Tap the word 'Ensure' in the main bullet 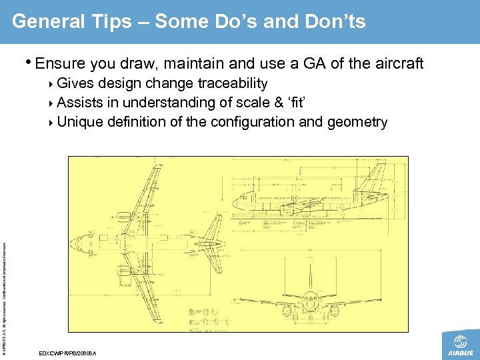click(x=60, y=64)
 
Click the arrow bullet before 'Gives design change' click(x=53, y=84)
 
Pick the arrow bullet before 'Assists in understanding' click(x=53, y=103)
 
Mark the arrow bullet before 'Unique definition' click(x=53, y=123)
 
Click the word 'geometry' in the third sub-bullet click(x=359, y=123)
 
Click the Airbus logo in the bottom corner click(x=460, y=345)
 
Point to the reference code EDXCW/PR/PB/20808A click(x=68, y=352)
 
